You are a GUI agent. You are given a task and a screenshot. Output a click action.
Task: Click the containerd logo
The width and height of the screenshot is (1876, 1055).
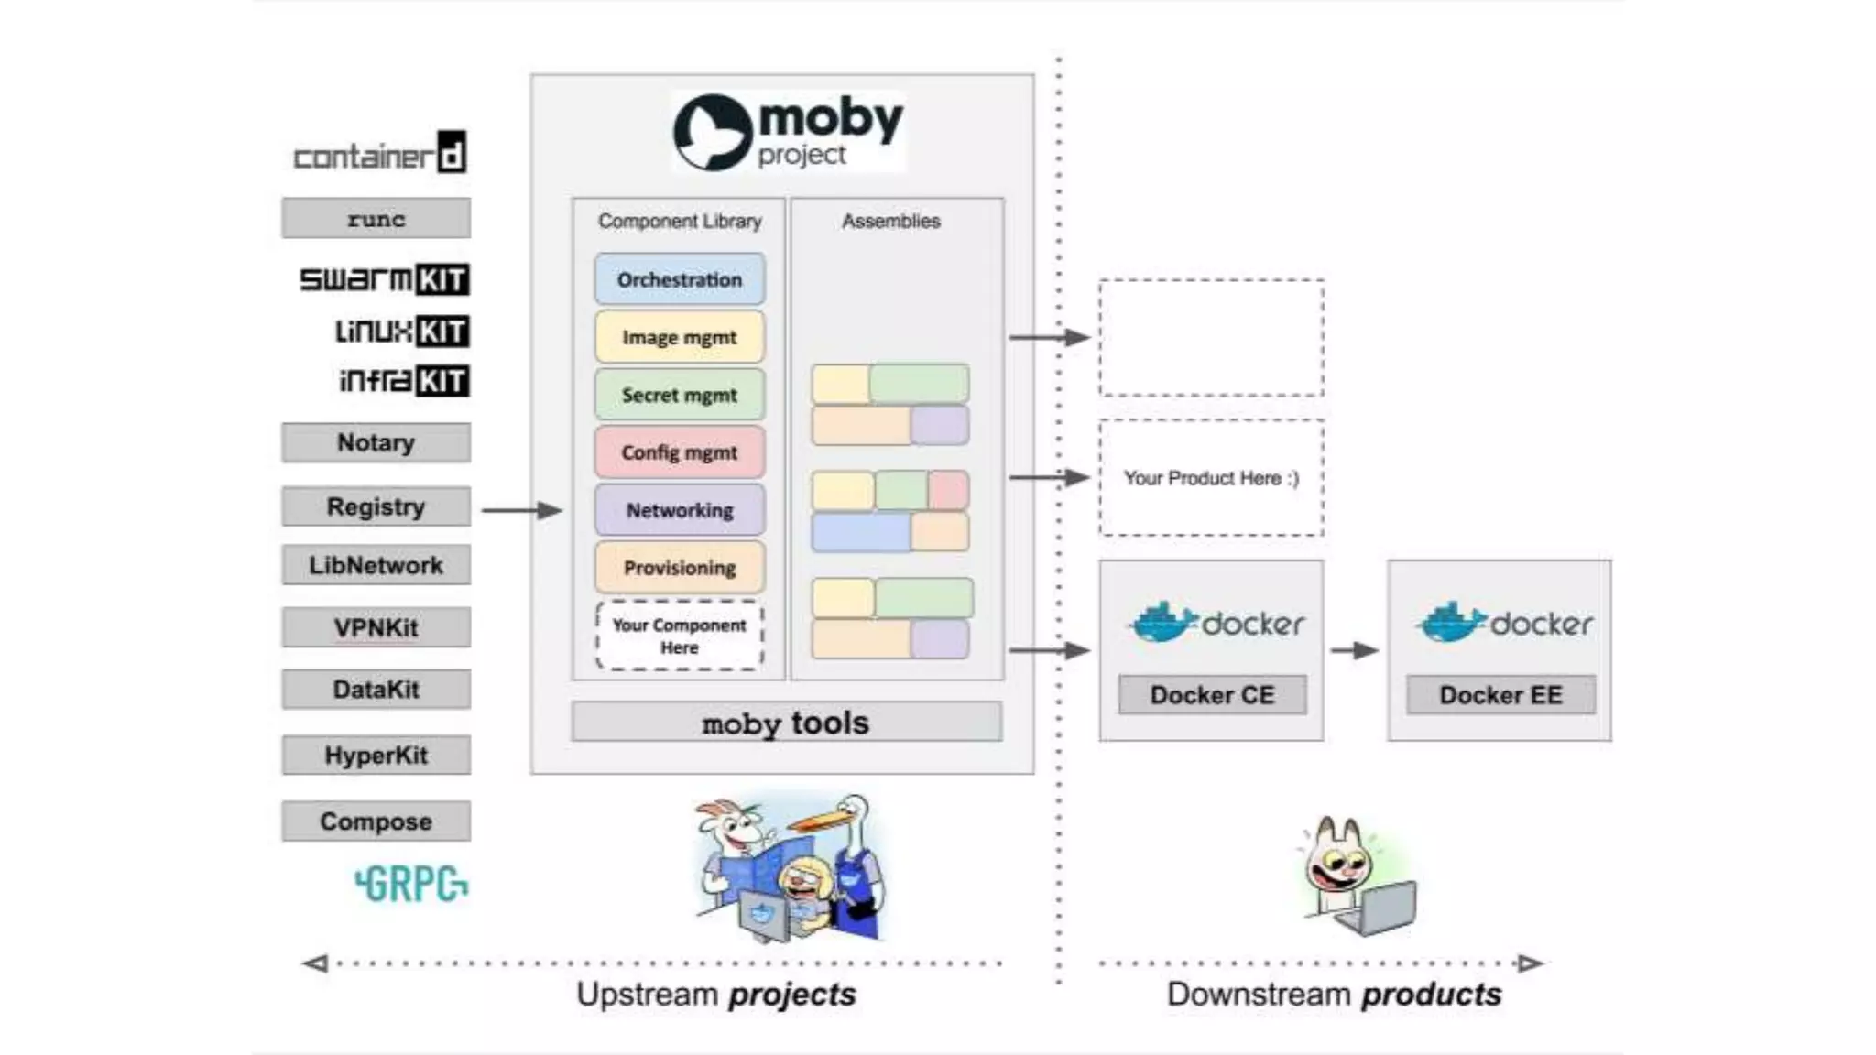click(x=379, y=154)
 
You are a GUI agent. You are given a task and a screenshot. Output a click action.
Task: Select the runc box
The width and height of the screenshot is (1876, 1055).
click(x=376, y=219)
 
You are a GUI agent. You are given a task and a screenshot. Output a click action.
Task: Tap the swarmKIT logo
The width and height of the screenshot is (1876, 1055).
click(x=384, y=278)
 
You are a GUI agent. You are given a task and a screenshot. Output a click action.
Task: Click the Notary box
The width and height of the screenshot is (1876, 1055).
click(x=376, y=442)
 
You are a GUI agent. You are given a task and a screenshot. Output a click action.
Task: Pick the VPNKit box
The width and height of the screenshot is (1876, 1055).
click(x=376, y=627)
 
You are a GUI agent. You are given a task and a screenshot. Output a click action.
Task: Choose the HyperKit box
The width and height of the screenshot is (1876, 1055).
click(x=376, y=756)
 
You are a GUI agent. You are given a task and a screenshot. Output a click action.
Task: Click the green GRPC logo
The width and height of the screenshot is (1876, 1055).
click(x=411, y=884)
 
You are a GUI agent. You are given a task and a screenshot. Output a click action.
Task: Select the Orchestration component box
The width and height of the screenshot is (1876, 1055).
click(x=679, y=279)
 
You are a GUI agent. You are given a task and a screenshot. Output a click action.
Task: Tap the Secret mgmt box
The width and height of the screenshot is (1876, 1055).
click(x=679, y=395)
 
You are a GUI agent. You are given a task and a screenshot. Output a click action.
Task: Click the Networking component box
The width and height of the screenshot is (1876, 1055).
click(x=679, y=510)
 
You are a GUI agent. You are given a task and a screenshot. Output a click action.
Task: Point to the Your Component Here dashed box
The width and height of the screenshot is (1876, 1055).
click(x=679, y=636)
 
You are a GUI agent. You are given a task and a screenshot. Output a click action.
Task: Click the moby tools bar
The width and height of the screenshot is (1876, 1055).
click(x=786, y=723)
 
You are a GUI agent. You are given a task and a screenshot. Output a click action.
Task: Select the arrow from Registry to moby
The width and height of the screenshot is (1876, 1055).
click(x=520, y=510)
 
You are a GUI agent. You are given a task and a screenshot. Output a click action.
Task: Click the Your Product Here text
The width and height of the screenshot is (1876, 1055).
click(x=1211, y=478)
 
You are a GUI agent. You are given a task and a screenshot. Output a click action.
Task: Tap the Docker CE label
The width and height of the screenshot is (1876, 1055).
click(x=1212, y=695)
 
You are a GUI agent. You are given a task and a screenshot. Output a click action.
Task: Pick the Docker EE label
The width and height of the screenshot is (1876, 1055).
click(x=1500, y=695)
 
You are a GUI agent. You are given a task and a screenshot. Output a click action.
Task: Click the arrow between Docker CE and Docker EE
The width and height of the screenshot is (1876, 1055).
click(x=1355, y=650)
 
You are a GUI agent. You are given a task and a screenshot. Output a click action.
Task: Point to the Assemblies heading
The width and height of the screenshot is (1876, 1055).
click(x=890, y=221)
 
